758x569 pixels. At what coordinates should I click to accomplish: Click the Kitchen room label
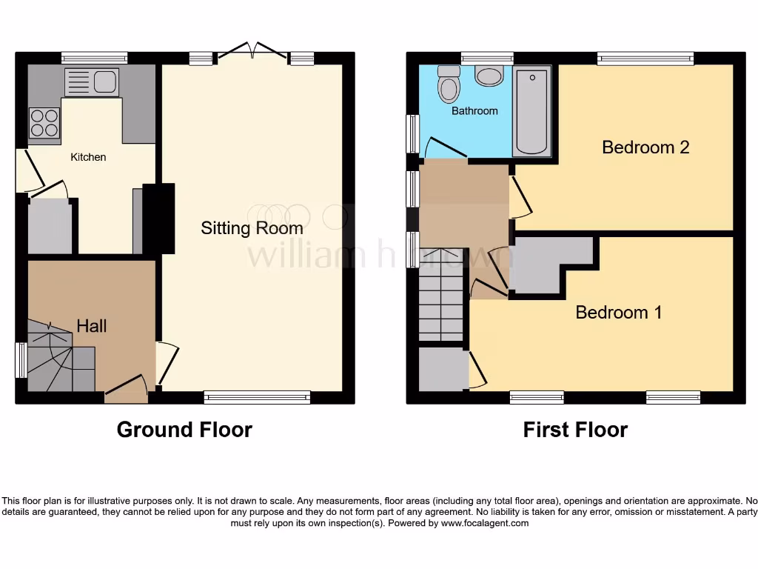[88, 157]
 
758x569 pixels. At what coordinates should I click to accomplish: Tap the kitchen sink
[92, 82]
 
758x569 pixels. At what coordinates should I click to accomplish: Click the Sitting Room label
[252, 228]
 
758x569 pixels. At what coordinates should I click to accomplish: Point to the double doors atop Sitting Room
[254, 50]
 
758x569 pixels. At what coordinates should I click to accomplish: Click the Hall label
[92, 326]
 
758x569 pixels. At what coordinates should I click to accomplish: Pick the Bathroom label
[474, 111]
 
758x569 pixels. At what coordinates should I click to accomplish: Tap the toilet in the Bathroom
[448, 85]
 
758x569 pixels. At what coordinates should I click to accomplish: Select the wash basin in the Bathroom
[489, 76]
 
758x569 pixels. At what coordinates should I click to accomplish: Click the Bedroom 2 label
[645, 147]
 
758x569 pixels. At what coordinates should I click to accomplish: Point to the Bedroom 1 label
[619, 313]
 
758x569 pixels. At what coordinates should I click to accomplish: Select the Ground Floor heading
[184, 430]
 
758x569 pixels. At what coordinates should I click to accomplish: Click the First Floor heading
[575, 430]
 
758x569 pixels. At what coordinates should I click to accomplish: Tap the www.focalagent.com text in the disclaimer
[484, 523]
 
